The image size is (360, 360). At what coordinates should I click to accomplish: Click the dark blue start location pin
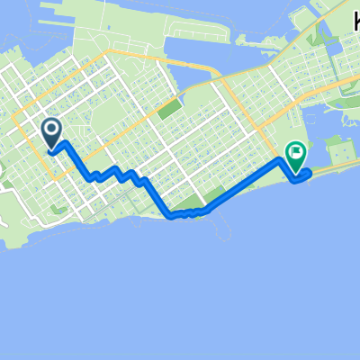coord(52,134)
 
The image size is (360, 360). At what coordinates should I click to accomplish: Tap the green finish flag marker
coord(294,157)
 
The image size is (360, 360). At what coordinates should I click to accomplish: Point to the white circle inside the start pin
coord(52,131)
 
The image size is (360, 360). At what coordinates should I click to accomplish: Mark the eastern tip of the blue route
coord(309,173)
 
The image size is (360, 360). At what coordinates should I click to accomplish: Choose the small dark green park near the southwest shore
coord(59,209)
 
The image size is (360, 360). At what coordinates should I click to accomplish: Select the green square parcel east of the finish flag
coord(335,146)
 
